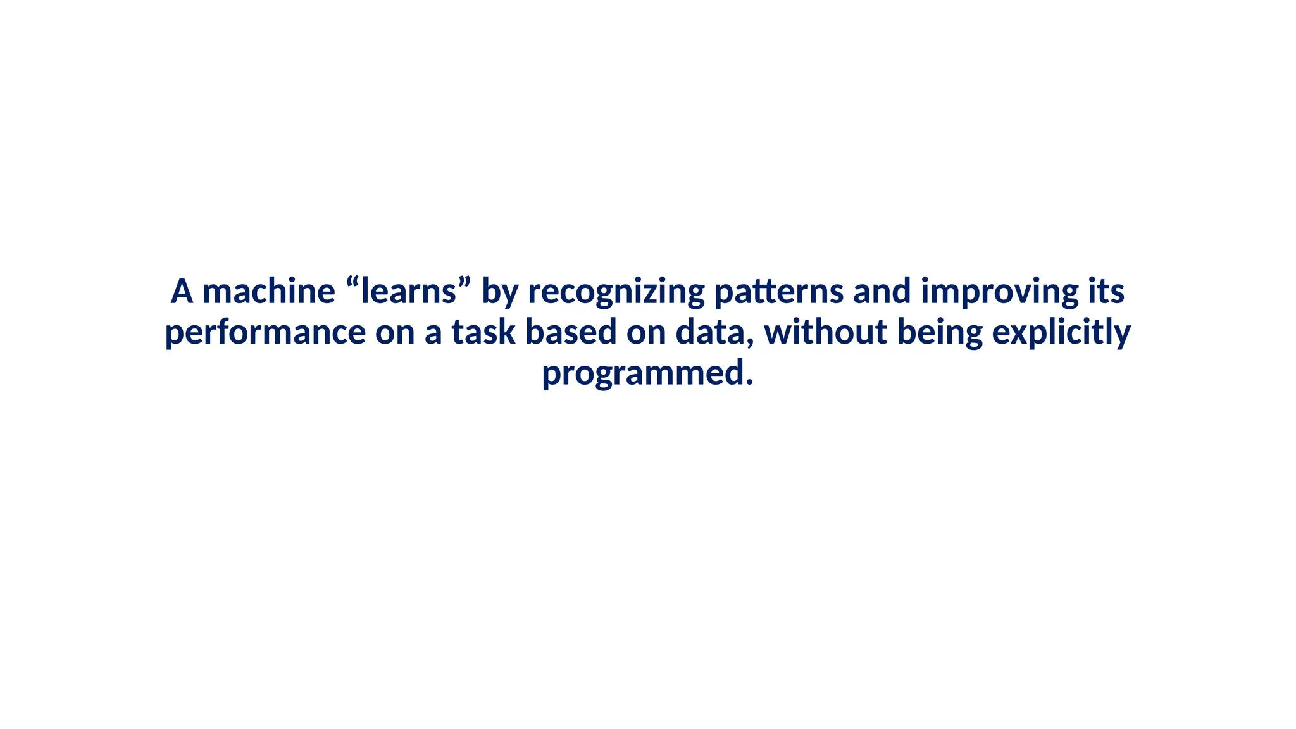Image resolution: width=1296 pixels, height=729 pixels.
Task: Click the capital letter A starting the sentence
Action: tap(182, 292)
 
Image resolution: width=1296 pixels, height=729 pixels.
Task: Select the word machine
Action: tap(268, 292)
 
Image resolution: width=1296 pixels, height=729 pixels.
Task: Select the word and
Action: tap(882, 292)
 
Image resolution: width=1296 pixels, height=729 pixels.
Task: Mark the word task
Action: tap(483, 332)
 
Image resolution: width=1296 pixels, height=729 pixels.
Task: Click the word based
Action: tap(571, 332)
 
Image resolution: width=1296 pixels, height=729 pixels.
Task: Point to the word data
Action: tap(710, 332)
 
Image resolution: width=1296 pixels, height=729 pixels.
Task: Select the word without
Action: tap(825, 332)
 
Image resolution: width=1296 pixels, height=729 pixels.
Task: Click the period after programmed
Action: tap(749, 382)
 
